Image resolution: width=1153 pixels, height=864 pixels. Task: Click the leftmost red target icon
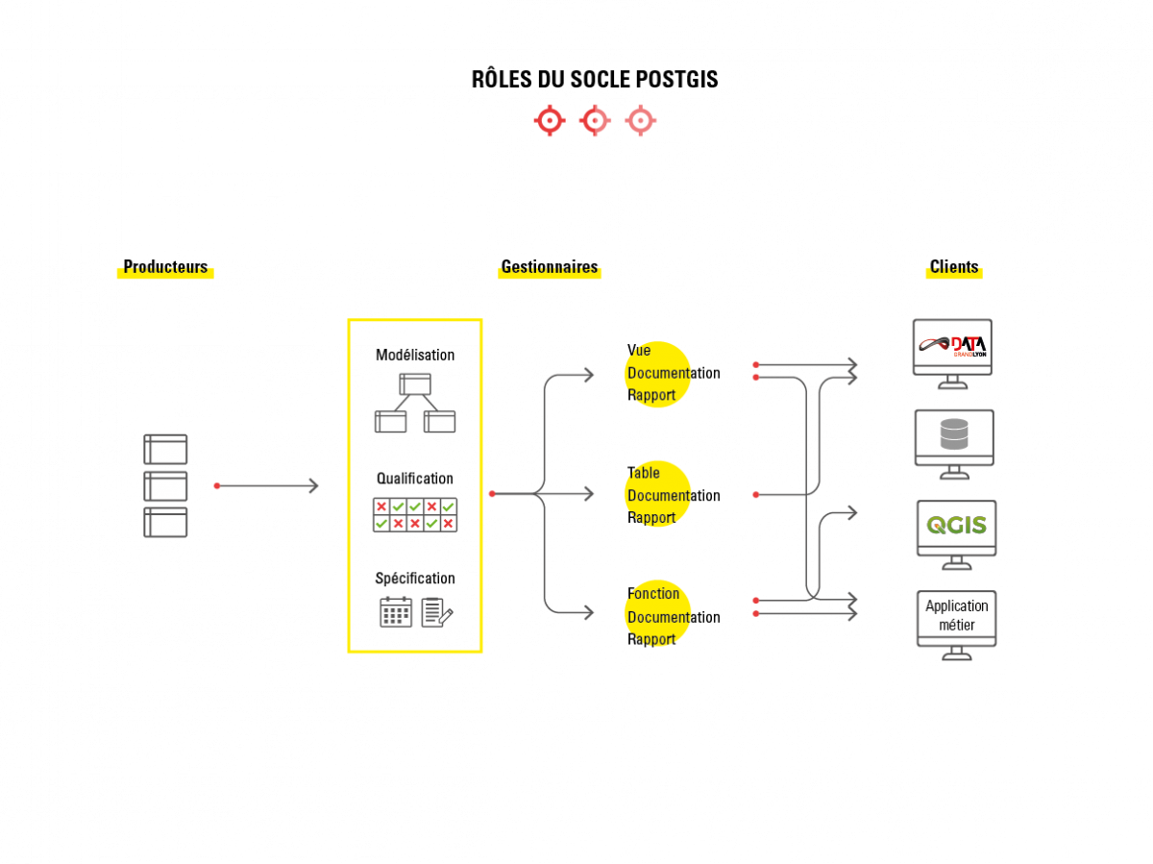pyautogui.click(x=549, y=120)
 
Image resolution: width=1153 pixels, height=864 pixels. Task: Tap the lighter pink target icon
pyautogui.click(x=640, y=120)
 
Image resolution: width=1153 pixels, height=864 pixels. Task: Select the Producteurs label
pyautogui.click(x=165, y=269)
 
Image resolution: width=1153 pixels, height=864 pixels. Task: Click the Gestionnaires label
pyautogui.click(x=550, y=269)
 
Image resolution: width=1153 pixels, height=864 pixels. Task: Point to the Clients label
pyautogui.click(x=954, y=269)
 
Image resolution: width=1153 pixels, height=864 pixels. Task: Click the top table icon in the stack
pyautogui.click(x=165, y=449)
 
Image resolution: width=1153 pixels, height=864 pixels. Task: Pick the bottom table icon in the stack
pyautogui.click(x=165, y=522)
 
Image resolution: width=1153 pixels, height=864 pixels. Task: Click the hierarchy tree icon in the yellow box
pyautogui.click(x=415, y=403)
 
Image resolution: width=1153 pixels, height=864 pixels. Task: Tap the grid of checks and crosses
pyautogui.click(x=415, y=514)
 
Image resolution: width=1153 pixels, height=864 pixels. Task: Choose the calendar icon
pyautogui.click(x=396, y=612)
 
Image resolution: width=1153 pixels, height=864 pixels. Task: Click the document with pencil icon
pyautogui.click(x=436, y=612)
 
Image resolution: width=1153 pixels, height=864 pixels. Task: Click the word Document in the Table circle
pyautogui.click(x=658, y=496)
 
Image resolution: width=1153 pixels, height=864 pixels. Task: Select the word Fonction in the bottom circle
pyautogui.click(x=653, y=594)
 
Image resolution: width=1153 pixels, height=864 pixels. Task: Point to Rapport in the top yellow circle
pyautogui.click(x=652, y=395)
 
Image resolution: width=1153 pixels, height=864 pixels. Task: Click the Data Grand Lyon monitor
pyautogui.click(x=952, y=347)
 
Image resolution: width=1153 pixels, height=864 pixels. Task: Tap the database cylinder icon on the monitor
pyautogui.click(x=954, y=434)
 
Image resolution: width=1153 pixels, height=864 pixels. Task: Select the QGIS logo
pyautogui.click(x=956, y=526)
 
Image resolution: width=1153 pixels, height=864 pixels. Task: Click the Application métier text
pyautogui.click(x=957, y=615)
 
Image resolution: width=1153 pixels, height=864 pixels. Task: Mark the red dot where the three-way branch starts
pyautogui.click(x=492, y=494)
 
